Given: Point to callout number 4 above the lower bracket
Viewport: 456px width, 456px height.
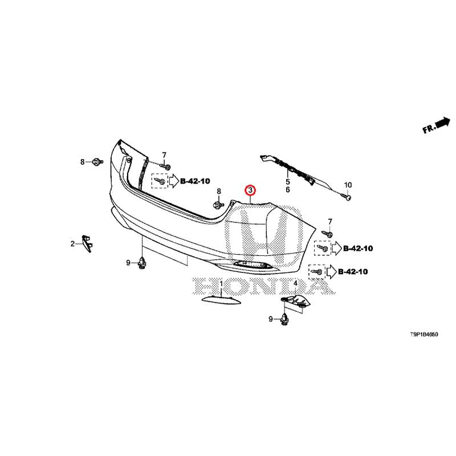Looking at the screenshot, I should (x=295, y=282).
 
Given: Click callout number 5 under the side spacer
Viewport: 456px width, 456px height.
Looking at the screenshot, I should (x=288, y=181).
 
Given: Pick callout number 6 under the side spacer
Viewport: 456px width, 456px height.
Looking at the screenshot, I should (x=288, y=189).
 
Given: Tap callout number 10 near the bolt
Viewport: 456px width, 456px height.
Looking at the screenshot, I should (x=348, y=185).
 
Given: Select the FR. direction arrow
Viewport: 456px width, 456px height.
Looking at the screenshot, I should (x=436, y=125).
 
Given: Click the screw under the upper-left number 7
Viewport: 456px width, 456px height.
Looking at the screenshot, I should (x=164, y=166).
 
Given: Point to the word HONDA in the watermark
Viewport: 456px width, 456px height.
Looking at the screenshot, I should (x=262, y=286).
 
